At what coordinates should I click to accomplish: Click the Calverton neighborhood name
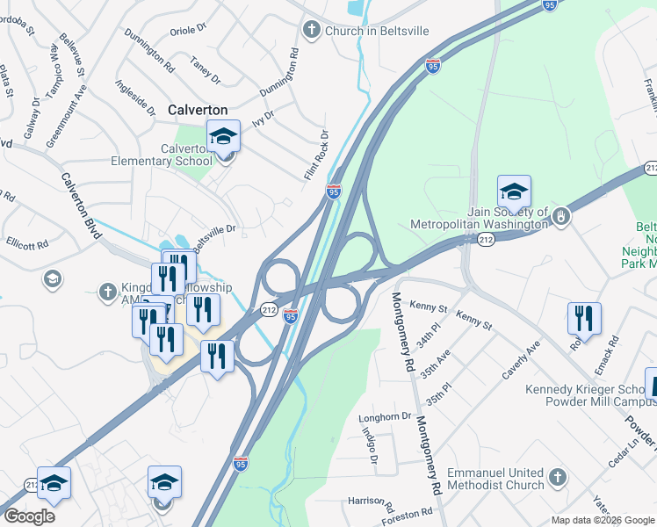198,110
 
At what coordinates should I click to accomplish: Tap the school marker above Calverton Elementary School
223,137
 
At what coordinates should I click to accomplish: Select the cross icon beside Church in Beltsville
311,31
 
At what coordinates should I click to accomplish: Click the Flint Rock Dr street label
316,155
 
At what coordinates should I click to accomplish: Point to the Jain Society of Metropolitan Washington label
480,218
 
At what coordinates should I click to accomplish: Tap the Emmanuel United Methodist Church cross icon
557,479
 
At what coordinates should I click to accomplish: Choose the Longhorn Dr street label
384,417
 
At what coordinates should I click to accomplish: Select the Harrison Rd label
366,502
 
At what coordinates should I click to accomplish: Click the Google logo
29,516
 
